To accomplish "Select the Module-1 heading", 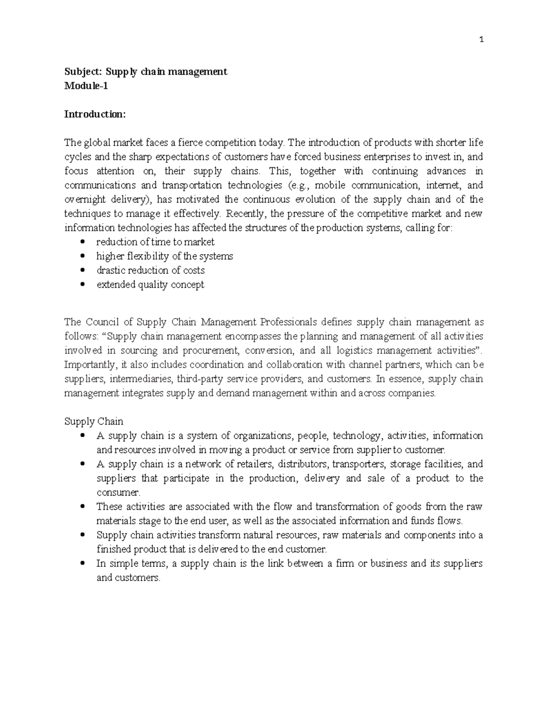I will (x=86, y=86).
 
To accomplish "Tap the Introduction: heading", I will (x=95, y=114).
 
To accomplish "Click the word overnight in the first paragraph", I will (x=85, y=199).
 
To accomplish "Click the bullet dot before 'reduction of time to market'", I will (x=82, y=242).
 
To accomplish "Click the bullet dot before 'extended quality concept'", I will (x=82, y=284).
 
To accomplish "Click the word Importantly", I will (x=90, y=365).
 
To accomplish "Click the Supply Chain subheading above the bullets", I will (x=94, y=422).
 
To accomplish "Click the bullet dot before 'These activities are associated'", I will (x=82, y=507).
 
